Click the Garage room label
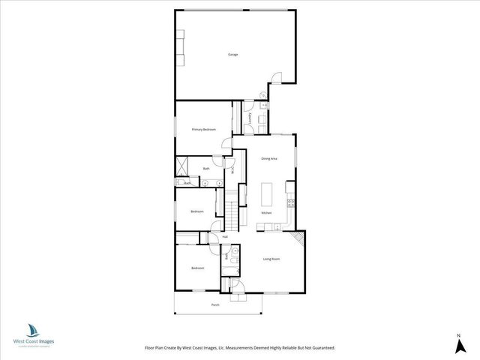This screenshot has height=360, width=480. (x=233, y=54)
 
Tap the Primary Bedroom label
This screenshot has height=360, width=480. (x=203, y=130)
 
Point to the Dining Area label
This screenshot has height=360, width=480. (x=269, y=159)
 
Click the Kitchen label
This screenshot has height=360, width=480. (x=267, y=214)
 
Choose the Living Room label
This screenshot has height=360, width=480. (x=271, y=259)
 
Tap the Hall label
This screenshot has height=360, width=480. (x=224, y=237)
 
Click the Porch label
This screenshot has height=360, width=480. (x=215, y=305)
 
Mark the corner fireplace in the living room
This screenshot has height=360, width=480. (x=298, y=239)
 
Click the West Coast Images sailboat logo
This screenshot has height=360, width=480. (x=33, y=330)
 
